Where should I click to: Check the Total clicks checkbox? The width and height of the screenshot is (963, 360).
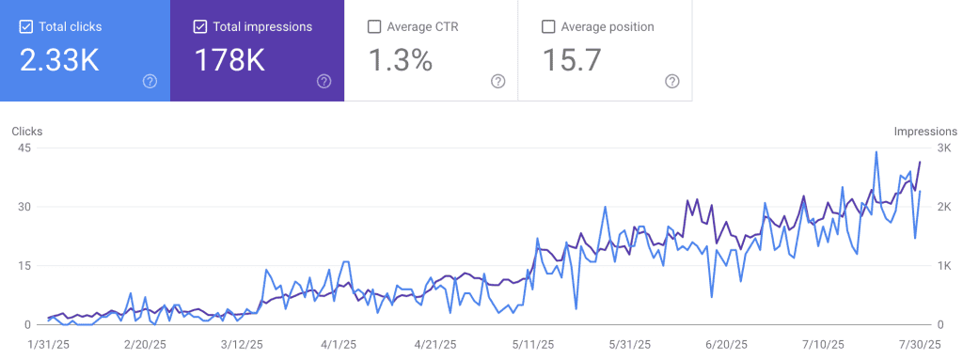click(25, 26)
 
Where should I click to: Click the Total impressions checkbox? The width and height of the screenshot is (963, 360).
click(199, 26)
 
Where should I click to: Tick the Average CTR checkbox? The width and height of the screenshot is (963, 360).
click(373, 26)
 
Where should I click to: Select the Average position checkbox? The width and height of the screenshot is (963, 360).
click(548, 26)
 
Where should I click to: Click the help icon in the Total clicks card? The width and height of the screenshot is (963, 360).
click(150, 81)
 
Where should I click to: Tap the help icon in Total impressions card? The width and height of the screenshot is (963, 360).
click(324, 81)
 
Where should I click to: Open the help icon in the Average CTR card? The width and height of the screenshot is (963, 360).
click(498, 81)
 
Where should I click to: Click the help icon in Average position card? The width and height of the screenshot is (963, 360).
click(672, 81)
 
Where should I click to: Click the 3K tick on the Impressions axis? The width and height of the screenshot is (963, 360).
click(941, 149)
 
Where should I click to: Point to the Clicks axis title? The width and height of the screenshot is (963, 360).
click(27, 132)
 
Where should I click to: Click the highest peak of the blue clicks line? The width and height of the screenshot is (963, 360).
click(876, 151)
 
